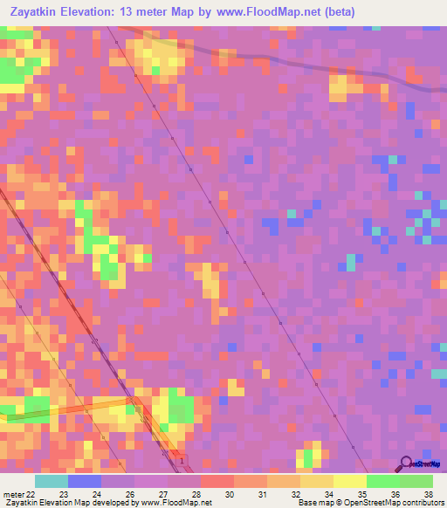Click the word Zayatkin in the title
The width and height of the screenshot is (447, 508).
click(36, 13)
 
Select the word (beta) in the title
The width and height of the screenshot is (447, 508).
click(335, 13)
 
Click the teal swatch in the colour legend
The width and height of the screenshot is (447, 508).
click(52, 481)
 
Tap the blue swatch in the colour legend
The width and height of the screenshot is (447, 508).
click(85, 481)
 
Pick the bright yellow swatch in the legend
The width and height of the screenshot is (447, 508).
click(349, 481)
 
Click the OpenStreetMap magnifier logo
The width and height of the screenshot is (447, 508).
click(407, 464)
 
